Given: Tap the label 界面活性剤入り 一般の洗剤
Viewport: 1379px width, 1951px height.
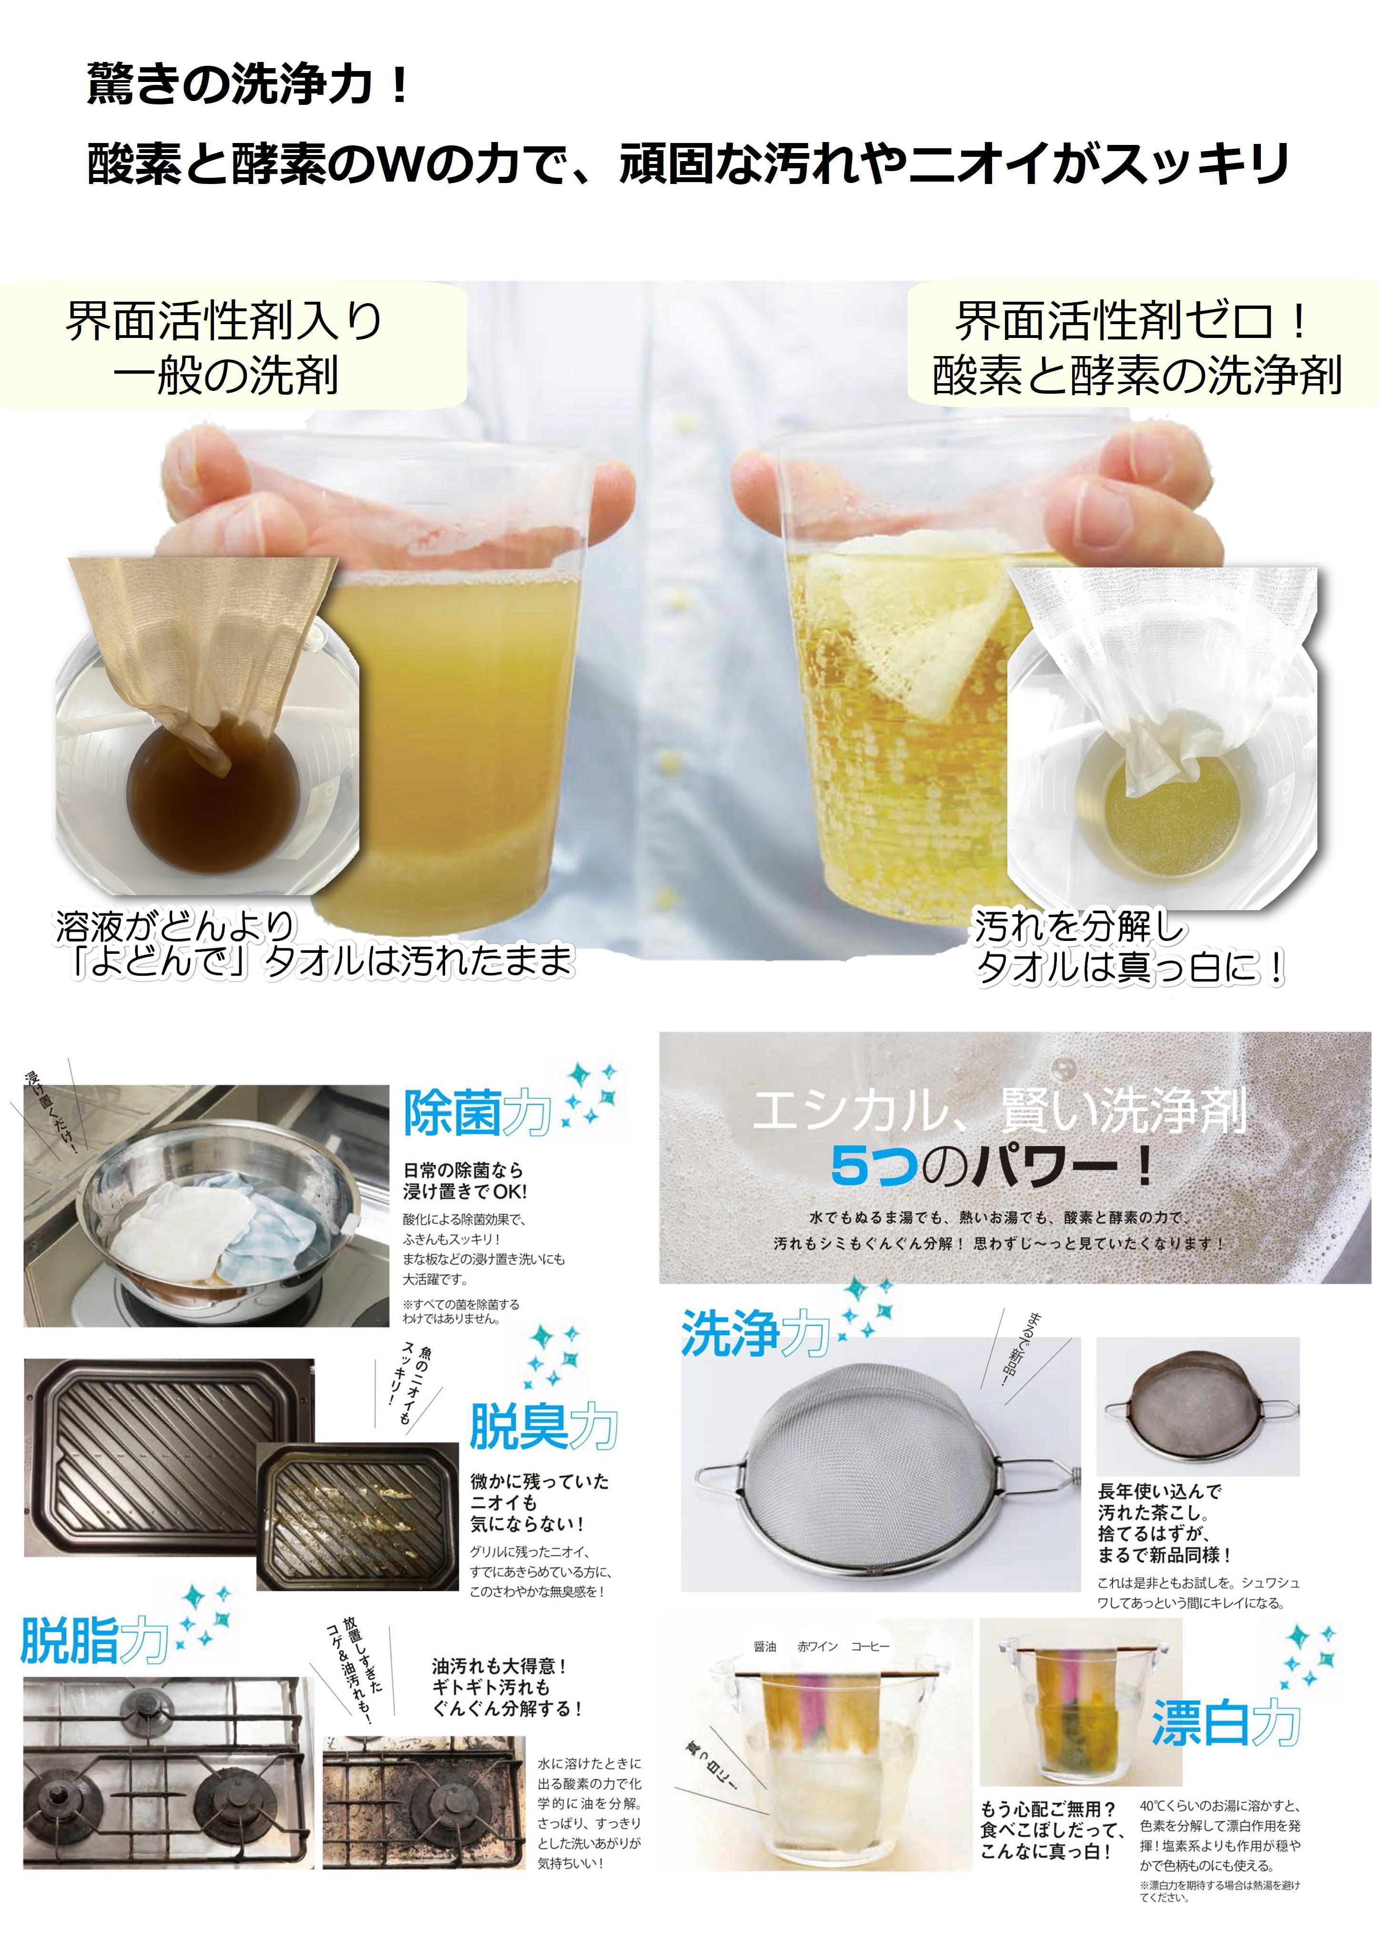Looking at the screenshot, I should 225,348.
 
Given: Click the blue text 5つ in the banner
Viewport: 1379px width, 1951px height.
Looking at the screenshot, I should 875,1166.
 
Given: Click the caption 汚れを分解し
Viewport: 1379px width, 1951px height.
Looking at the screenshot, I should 1079,926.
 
